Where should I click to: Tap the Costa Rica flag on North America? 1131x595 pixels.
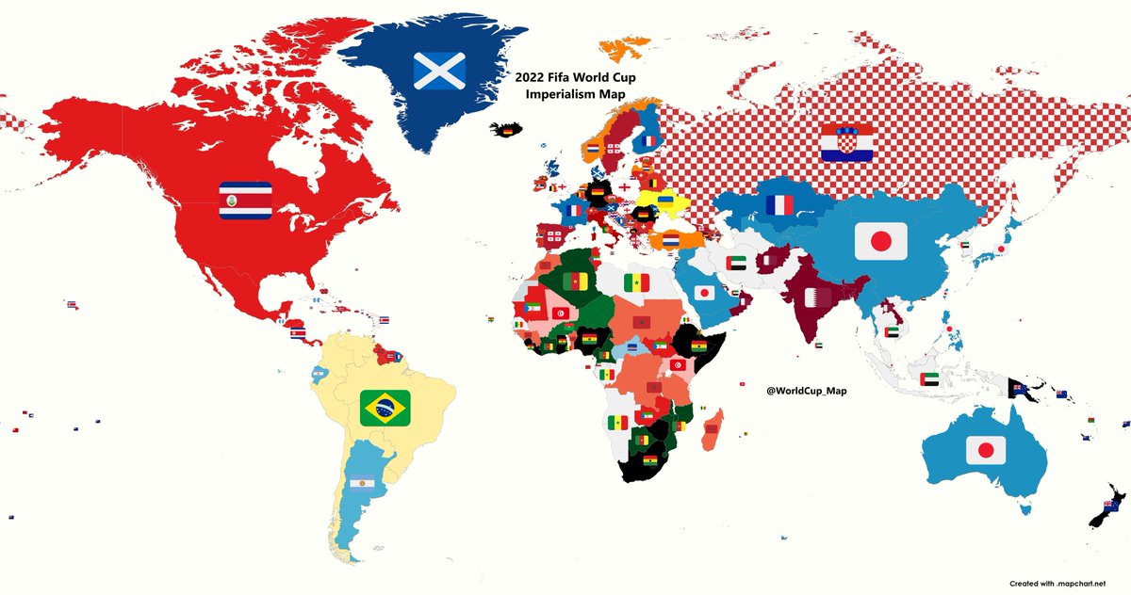click(x=245, y=200)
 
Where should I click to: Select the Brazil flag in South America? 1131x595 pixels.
click(x=385, y=408)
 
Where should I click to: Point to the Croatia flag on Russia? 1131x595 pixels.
click(x=845, y=142)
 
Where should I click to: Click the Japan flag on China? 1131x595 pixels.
click(x=880, y=242)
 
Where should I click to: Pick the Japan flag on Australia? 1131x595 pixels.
click(x=986, y=451)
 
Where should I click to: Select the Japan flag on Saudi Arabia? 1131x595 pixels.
click(x=703, y=293)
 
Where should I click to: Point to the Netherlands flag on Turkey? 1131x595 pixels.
click(x=670, y=240)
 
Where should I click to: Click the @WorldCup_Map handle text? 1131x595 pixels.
click(x=807, y=390)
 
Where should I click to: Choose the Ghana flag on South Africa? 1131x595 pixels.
click(x=649, y=461)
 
